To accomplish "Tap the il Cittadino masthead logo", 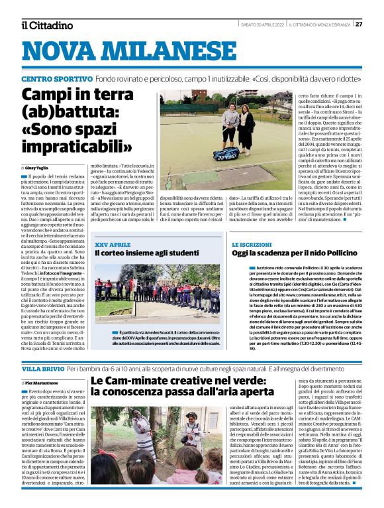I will coord(46,25).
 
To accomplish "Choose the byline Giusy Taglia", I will coord(39,169).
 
